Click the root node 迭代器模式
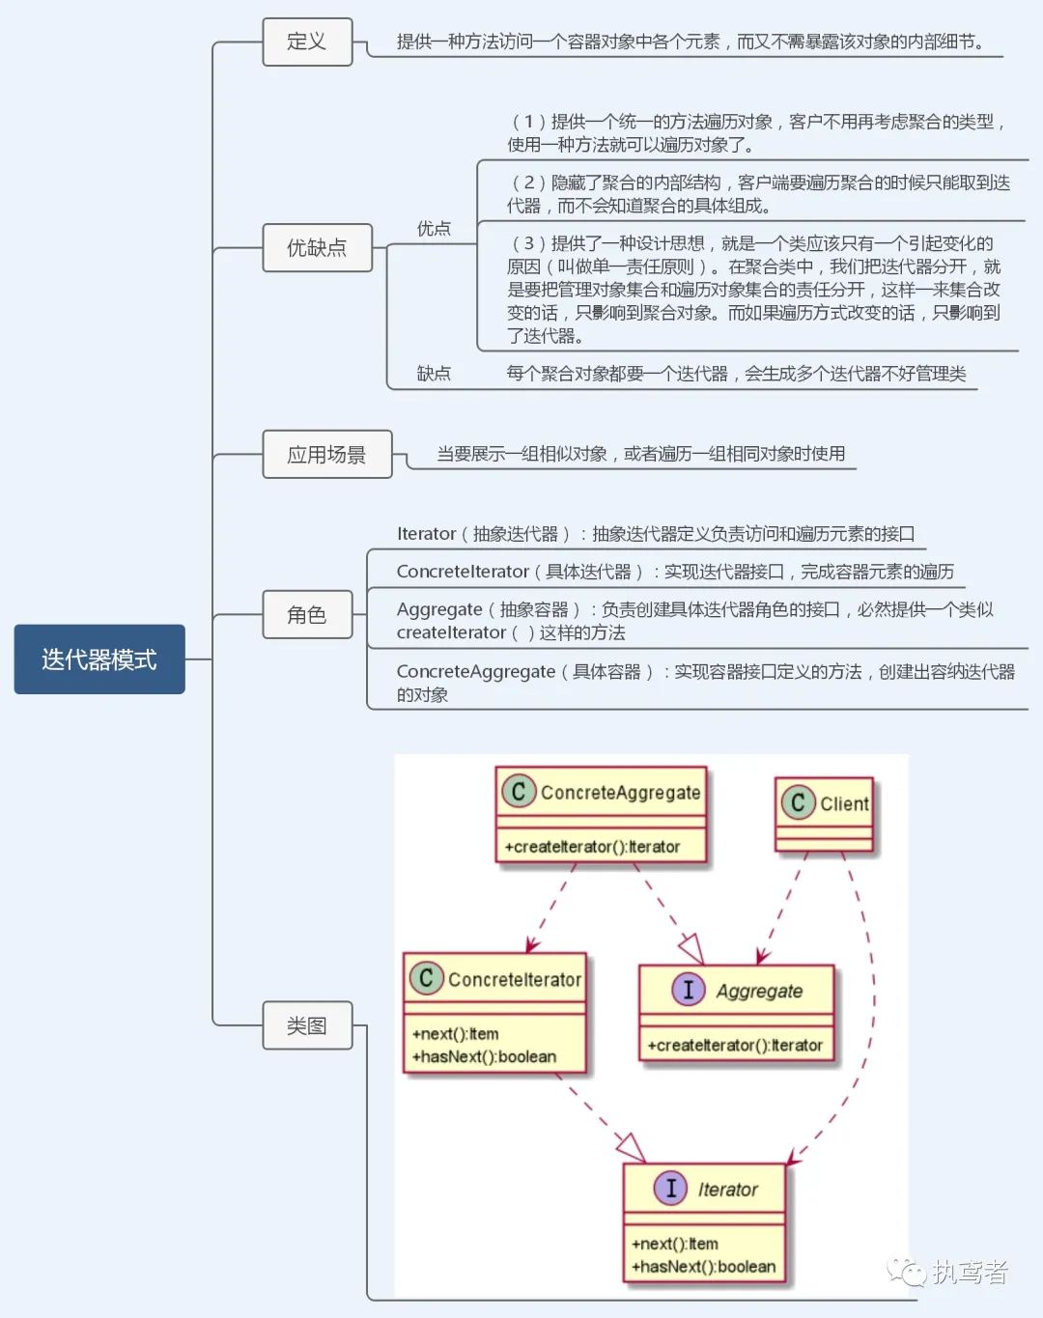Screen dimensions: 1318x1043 point(99,659)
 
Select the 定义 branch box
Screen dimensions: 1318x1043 point(307,42)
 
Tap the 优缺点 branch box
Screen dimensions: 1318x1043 point(317,248)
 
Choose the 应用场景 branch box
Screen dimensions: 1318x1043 point(326,455)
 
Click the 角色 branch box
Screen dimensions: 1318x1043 point(307,615)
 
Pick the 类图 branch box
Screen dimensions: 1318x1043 point(307,1025)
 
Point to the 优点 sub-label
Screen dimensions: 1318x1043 point(434,229)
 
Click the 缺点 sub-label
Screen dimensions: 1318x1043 point(434,374)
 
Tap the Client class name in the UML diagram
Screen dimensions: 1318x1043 point(844,803)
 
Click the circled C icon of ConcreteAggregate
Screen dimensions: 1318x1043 point(519,792)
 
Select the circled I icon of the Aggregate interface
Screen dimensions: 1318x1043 point(689,990)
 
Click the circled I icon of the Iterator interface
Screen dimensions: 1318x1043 point(670,1189)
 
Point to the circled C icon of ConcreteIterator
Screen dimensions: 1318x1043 point(425,978)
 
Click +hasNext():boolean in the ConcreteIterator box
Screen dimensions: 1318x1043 point(484,1056)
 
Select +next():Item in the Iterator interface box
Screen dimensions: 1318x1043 point(674,1244)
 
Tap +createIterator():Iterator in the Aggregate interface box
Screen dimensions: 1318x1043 point(735,1045)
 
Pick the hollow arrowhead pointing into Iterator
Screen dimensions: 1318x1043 point(631,1147)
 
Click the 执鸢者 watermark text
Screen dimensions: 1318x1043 point(970,1272)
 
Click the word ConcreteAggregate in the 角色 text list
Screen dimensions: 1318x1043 point(476,671)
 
